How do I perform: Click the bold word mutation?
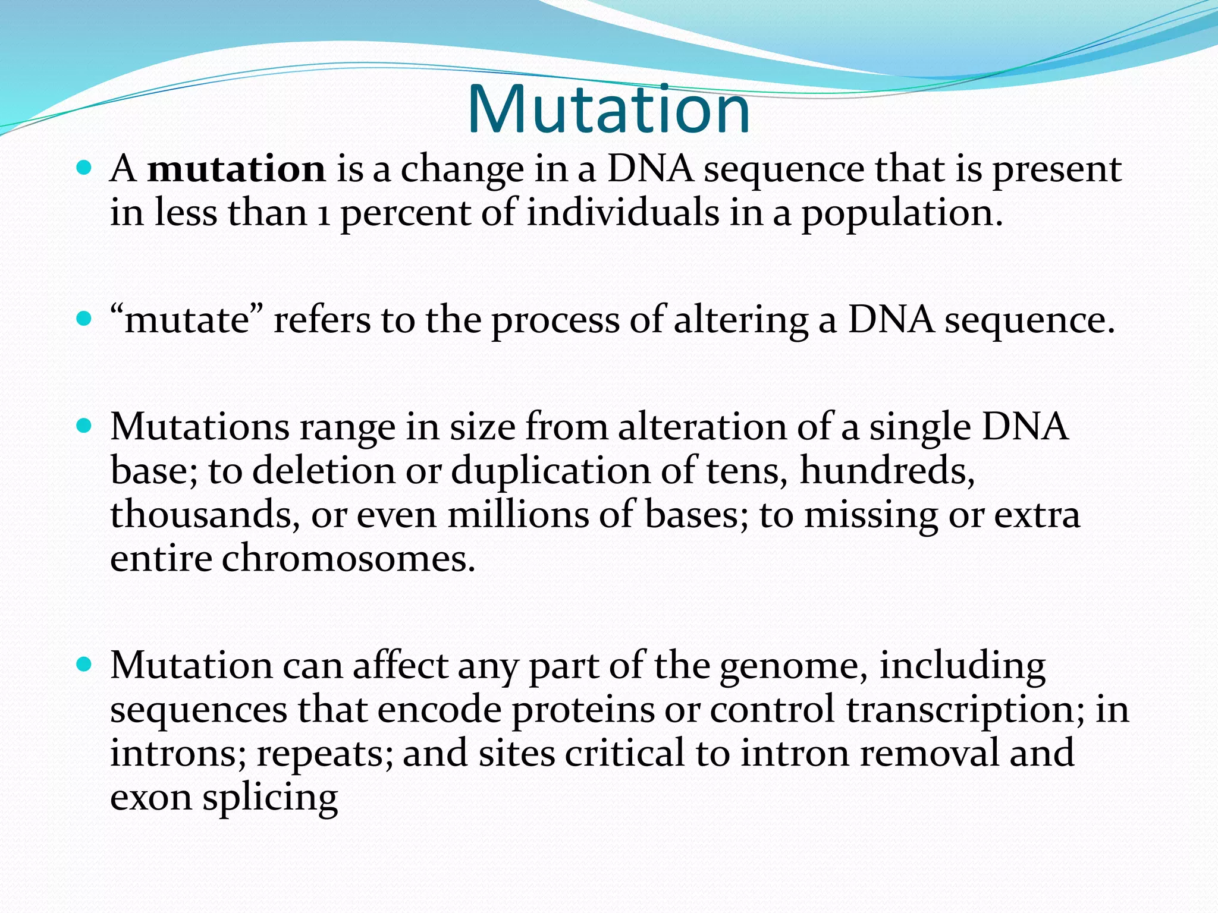(236, 169)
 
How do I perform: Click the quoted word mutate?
(187, 321)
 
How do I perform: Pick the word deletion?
(324, 471)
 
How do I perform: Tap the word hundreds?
(886, 471)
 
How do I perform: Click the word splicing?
(270, 798)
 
